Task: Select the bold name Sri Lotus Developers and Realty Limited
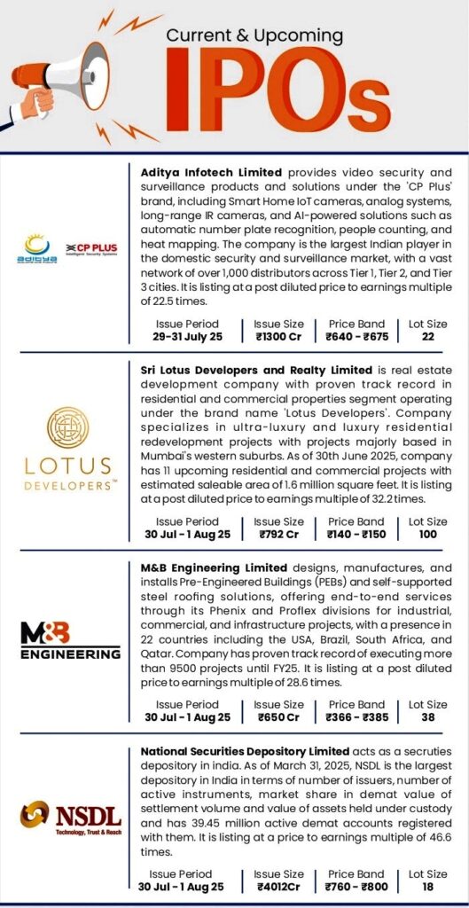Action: click(256, 369)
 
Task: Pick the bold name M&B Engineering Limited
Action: click(214, 567)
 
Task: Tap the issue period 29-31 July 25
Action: click(187, 338)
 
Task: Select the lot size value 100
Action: click(428, 535)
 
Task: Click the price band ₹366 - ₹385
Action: click(356, 717)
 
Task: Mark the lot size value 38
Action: click(428, 717)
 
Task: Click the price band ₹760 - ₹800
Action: click(356, 886)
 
